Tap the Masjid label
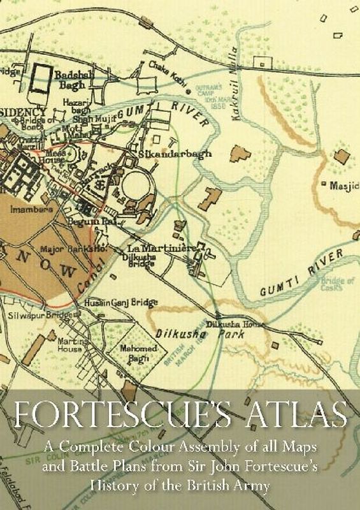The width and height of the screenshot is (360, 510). pyautogui.click(x=343, y=186)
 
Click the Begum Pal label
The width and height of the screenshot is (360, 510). pyautogui.click(x=92, y=219)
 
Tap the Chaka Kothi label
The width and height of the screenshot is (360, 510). pyautogui.click(x=162, y=70)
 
